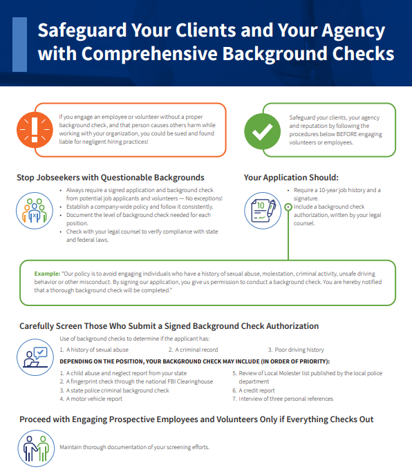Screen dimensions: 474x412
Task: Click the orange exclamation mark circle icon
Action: [x=35, y=130]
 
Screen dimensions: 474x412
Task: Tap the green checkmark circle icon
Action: [x=263, y=130]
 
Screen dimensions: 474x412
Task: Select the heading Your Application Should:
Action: [x=291, y=178]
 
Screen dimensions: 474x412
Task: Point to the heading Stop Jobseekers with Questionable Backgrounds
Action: [x=110, y=178]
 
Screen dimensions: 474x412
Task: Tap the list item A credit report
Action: [x=257, y=390]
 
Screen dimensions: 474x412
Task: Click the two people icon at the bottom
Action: [x=34, y=446]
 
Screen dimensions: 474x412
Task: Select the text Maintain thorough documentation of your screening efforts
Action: [x=134, y=447]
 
